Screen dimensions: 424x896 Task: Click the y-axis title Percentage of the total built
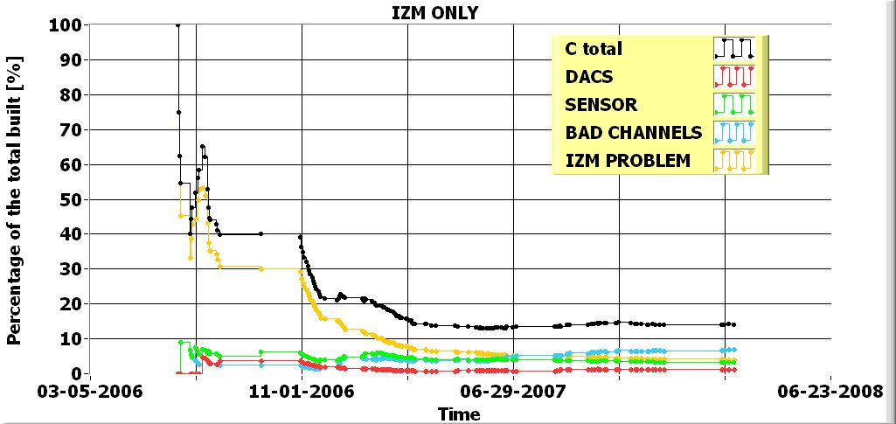[x=15, y=200]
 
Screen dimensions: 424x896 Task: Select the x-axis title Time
[x=459, y=414]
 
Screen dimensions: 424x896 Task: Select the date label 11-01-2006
[x=302, y=392]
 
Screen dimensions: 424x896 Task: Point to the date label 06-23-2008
[x=830, y=392]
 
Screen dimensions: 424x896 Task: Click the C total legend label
[x=594, y=49]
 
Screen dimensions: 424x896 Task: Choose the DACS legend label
[x=589, y=77]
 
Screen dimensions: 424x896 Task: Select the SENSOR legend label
[x=601, y=105]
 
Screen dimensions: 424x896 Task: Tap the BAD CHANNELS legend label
[x=634, y=133]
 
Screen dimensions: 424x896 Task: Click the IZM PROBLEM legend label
[x=628, y=161]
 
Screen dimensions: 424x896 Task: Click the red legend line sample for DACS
[x=733, y=77]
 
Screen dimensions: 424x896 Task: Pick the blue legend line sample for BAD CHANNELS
[x=733, y=133]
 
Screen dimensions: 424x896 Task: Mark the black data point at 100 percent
[x=178, y=25]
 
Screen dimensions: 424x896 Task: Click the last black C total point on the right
[x=733, y=324]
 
